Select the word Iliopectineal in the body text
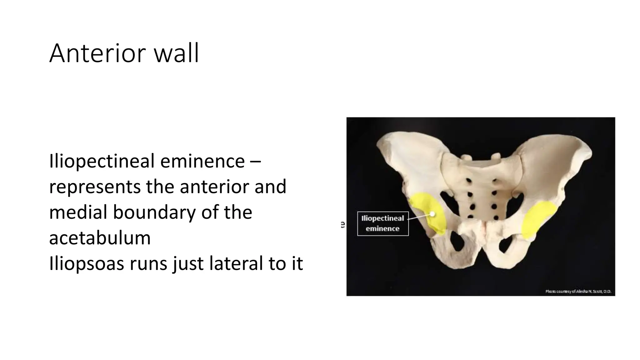[x=102, y=162]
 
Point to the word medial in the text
[x=78, y=212]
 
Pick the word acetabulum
[x=100, y=238]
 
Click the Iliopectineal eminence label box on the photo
[x=383, y=223]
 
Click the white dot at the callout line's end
[x=432, y=214]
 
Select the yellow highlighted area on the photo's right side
[x=536, y=219]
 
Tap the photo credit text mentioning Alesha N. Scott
[x=578, y=291]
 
